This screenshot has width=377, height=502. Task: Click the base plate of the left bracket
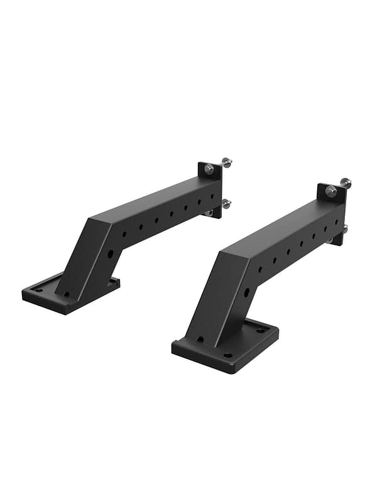pyautogui.click(x=44, y=298)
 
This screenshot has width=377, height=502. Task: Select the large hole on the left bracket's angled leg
pyautogui.click(x=111, y=254)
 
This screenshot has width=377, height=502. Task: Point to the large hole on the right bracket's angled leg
pyautogui.click(x=246, y=292)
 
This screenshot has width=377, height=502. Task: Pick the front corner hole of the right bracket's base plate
pyautogui.click(x=227, y=355)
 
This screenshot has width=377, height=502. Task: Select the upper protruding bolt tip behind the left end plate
pyautogui.click(x=227, y=162)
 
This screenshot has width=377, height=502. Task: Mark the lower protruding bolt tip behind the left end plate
pyautogui.click(x=226, y=203)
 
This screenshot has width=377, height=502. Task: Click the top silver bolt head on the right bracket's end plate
pyautogui.click(x=331, y=191)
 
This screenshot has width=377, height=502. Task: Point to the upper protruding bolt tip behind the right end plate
pyautogui.click(x=346, y=183)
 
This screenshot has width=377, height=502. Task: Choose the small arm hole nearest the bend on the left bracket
pyautogui.click(x=124, y=235)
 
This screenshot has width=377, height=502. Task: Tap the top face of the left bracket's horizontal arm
pyautogui.click(x=157, y=198)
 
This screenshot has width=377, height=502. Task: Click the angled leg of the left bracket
pyautogui.click(x=88, y=264)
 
